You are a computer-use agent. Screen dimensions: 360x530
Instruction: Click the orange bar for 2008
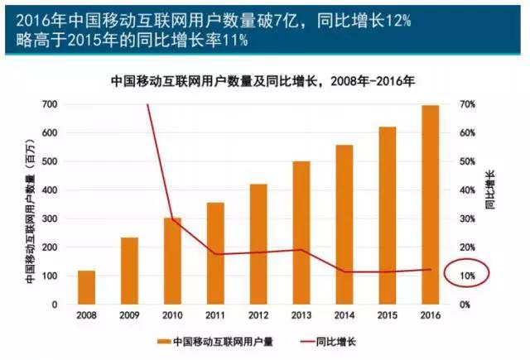coord(87,287)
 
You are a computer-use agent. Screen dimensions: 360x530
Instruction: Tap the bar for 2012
coord(258,244)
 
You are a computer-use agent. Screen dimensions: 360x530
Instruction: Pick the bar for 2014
coord(344,224)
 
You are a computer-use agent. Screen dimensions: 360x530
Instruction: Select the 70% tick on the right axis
coord(467,104)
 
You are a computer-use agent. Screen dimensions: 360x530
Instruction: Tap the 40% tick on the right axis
coord(467,190)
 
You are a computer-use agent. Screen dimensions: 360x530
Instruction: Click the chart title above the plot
coord(263,82)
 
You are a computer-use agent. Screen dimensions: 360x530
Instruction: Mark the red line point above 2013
coord(301,250)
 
